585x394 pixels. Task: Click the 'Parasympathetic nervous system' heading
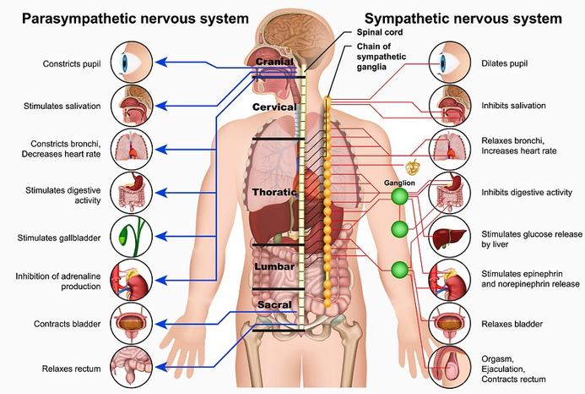[135, 19]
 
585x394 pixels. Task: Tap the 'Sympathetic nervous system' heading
[463, 19]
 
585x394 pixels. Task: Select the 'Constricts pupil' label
[72, 64]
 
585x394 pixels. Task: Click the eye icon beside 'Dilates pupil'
[450, 62]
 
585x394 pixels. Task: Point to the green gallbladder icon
[132, 236]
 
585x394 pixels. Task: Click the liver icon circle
[450, 236]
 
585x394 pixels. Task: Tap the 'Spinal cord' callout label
[380, 32]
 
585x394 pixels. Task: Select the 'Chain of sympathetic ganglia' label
[382, 57]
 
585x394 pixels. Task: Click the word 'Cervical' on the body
[274, 107]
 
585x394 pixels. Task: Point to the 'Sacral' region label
[274, 304]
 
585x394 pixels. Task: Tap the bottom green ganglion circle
[399, 270]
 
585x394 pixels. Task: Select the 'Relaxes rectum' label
[71, 369]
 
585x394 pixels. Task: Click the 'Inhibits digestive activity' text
[527, 193]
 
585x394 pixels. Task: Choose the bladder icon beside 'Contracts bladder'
[132, 324]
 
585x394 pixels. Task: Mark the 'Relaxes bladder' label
[512, 324]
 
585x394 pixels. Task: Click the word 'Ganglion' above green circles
[399, 183]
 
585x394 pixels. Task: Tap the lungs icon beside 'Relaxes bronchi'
[450, 150]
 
